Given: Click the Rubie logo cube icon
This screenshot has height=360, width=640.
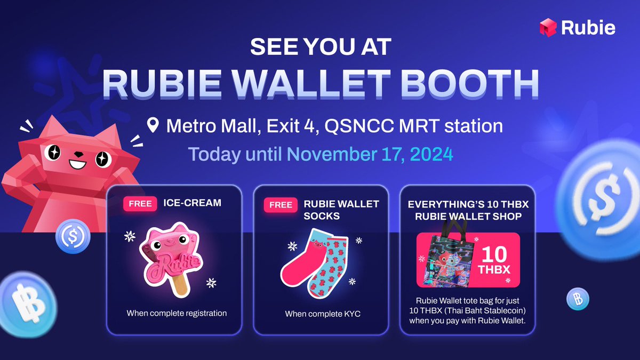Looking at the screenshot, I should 548,27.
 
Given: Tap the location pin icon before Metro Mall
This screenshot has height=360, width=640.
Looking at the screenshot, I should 154,126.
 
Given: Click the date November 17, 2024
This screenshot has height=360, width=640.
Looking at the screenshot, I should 370,154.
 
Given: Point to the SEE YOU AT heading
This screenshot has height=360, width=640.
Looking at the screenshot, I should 321,47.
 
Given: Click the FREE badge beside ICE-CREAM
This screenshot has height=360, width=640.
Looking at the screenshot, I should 140,204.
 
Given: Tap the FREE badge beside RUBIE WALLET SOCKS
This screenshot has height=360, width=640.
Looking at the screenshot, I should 281,205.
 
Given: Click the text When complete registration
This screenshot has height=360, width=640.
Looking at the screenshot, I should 177,313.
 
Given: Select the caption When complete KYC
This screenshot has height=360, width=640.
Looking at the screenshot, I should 323,314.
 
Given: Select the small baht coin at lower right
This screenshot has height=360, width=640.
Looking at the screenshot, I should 577,297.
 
